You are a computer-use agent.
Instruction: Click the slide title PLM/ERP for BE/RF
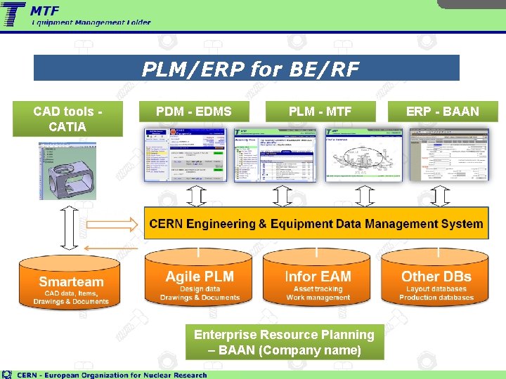[249, 69]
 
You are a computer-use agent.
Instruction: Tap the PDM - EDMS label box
[193, 111]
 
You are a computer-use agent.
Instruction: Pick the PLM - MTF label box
[320, 111]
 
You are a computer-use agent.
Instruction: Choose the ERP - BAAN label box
[442, 111]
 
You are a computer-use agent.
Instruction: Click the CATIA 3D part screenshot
[67, 171]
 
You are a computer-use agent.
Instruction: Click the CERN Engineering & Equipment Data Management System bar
[316, 224]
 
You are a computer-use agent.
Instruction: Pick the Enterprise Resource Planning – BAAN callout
[284, 343]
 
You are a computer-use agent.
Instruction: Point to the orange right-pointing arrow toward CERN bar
[113, 224]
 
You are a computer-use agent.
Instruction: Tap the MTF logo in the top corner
[14, 13]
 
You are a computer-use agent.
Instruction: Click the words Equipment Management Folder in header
[91, 22]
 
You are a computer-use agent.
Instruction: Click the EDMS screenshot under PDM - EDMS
[186, 156]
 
